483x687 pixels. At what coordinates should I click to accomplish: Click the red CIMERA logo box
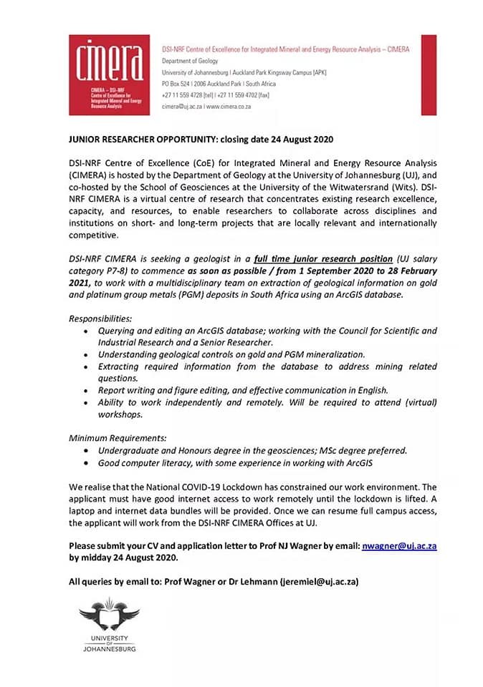109,74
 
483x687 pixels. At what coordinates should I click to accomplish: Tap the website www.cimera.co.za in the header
228,106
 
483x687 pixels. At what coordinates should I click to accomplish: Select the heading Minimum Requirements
117,437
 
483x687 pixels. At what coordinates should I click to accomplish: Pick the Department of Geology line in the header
190,61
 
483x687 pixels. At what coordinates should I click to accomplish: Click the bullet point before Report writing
87,390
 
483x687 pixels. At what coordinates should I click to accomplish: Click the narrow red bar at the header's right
429,74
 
